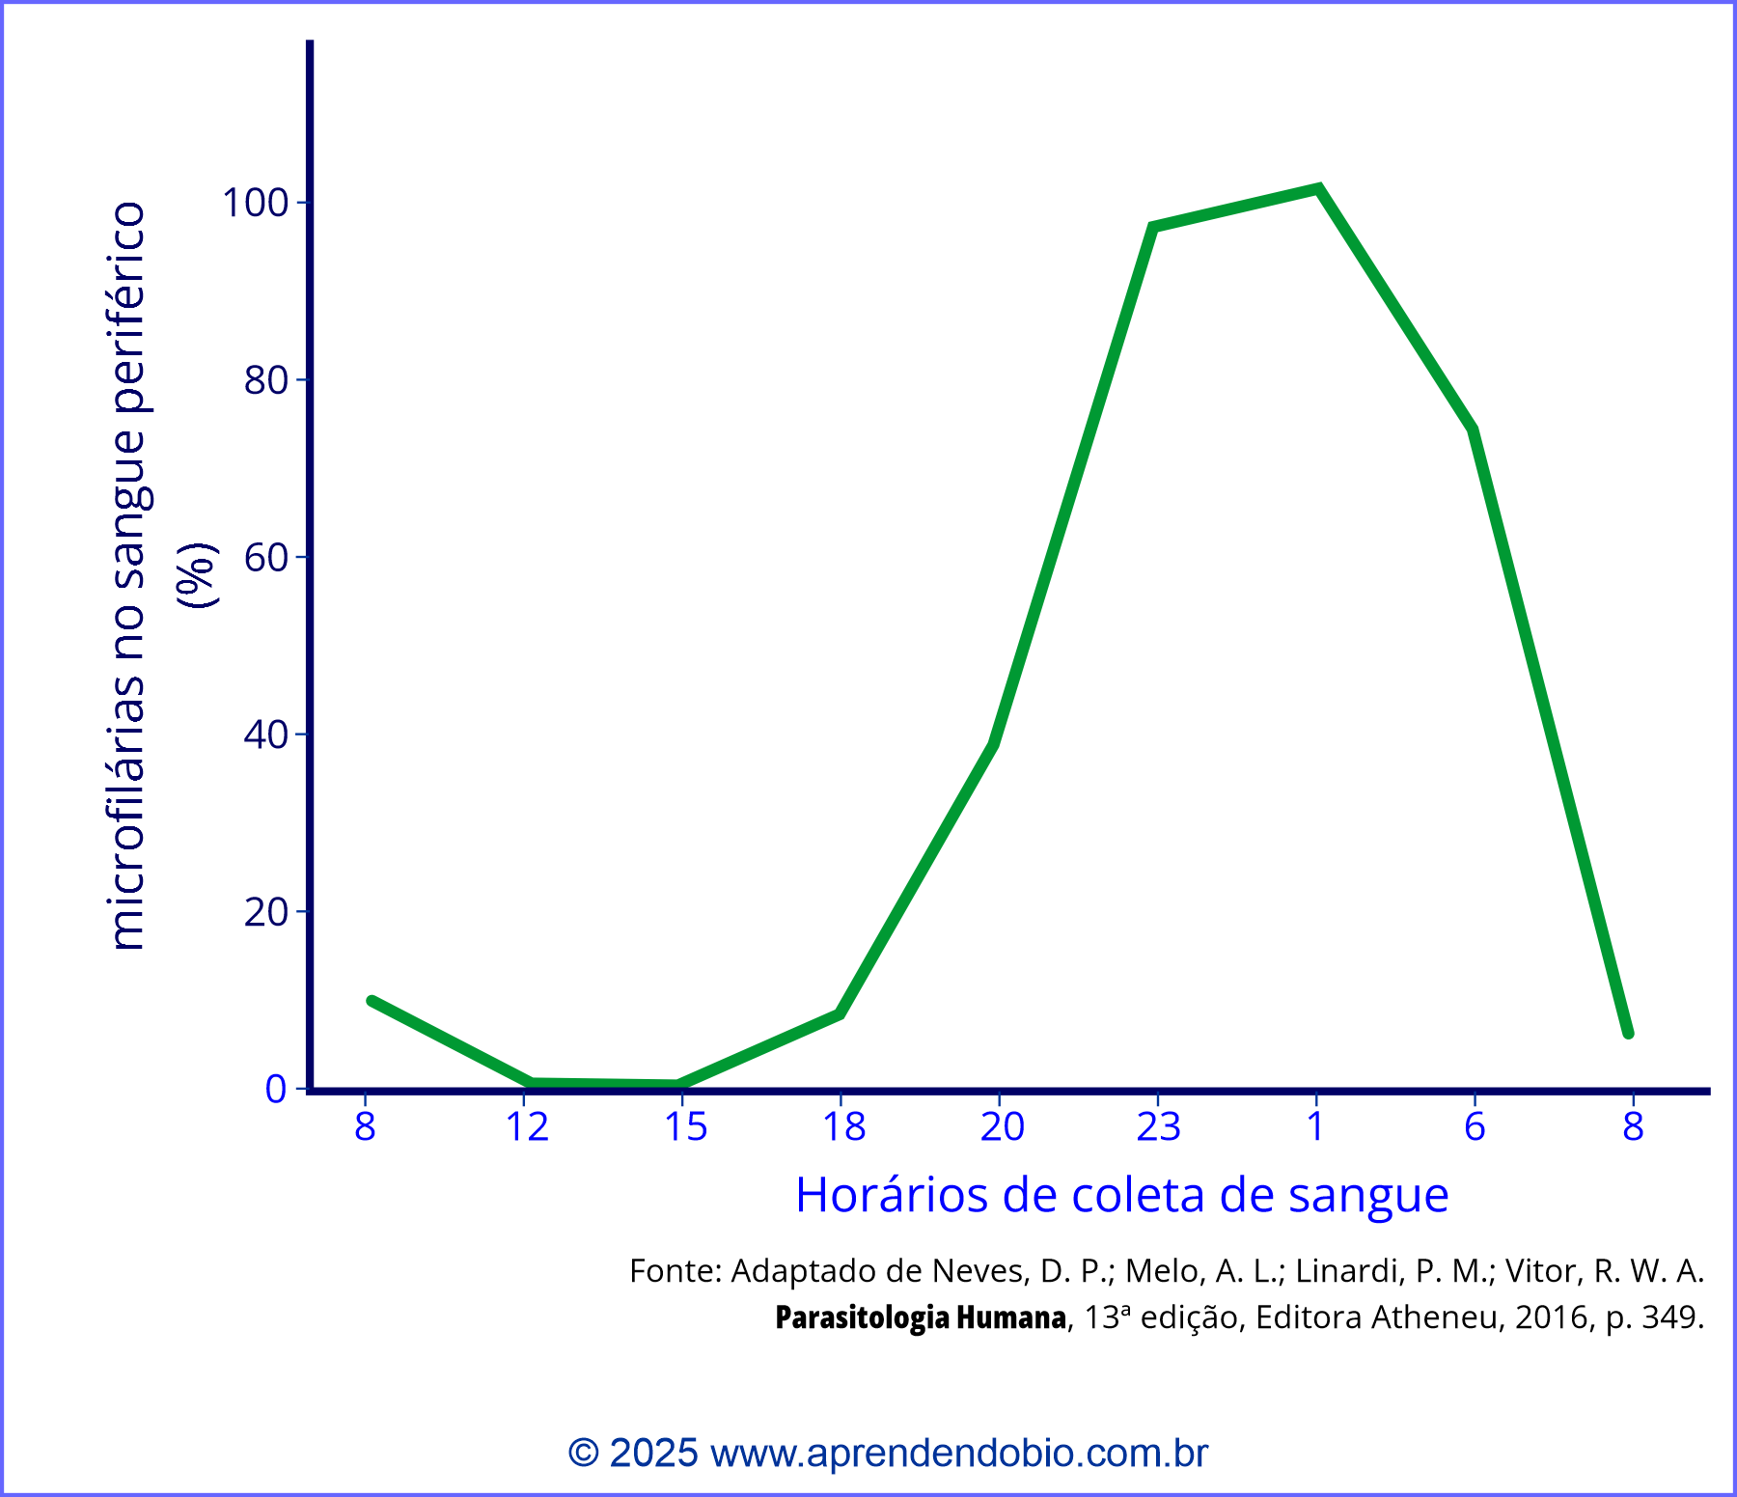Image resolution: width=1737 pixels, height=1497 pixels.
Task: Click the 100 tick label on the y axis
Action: tap(256, 203)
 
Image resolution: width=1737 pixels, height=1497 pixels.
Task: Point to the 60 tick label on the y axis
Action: tap(266, 557)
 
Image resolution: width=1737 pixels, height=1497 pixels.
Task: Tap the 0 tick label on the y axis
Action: tap(276, 1089)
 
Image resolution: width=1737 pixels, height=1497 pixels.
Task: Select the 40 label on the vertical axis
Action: tap(266, 735)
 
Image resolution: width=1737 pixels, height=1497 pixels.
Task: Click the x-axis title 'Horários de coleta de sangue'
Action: tap(1121, 1195)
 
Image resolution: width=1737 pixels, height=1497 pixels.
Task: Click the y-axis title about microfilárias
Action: tap(127, 576)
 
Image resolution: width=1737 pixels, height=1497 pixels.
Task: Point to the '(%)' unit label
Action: tap(197, 576)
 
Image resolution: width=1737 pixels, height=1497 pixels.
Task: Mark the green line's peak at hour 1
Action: tap(1318, 189)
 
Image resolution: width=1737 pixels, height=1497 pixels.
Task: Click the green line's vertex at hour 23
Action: tap(1153, 227)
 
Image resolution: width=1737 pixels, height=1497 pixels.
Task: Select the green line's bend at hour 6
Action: tap(1473, 430)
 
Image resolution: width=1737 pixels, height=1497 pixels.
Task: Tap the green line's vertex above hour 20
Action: tap(994, 742)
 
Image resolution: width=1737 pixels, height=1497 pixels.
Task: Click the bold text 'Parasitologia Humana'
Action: tap(920, 1317)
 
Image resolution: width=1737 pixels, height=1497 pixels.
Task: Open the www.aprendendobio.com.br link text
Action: tap(958, 1453)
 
